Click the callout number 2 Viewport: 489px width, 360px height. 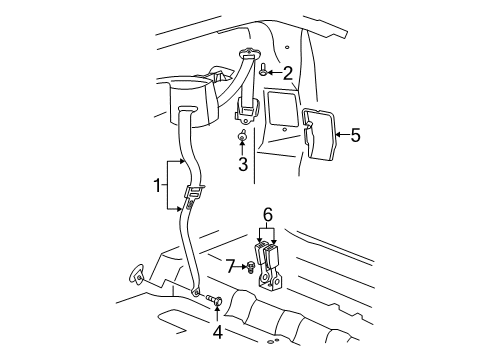point(287,72)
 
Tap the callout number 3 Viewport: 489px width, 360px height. point(242,162)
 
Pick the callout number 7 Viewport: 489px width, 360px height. point(229,265)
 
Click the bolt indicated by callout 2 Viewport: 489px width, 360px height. point(262,72)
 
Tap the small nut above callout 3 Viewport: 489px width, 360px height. point(242,135)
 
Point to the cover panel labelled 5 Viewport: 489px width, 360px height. point(321,133)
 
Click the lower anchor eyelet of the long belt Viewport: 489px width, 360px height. point(196,292)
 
